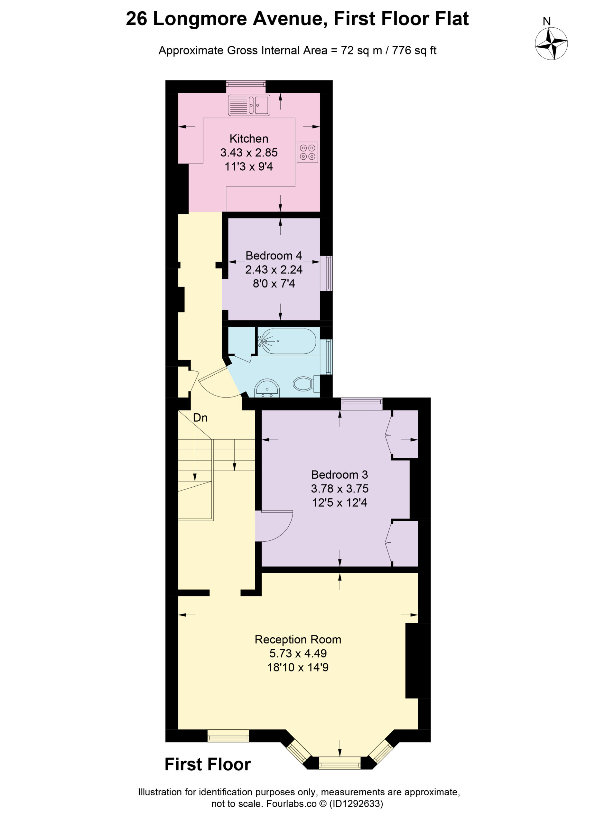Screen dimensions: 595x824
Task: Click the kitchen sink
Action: point(249,105)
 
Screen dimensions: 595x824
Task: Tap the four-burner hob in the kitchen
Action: point(307,152)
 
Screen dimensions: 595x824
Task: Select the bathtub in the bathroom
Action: point(287,341)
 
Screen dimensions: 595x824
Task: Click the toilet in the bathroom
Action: point(306,384)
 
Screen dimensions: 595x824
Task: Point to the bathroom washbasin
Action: point(267,389)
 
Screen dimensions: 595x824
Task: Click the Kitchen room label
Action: point(249,138)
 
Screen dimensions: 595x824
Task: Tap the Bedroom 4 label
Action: point(274,256)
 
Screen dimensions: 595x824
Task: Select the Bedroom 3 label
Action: point(339,474)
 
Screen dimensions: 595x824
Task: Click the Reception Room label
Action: point(298,640)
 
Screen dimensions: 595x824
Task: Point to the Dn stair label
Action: point(200,418)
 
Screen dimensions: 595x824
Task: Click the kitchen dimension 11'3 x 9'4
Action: point(249,166)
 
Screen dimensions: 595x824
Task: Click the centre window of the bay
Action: point(339,763)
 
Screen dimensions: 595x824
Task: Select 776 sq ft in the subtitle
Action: point(414,50)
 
